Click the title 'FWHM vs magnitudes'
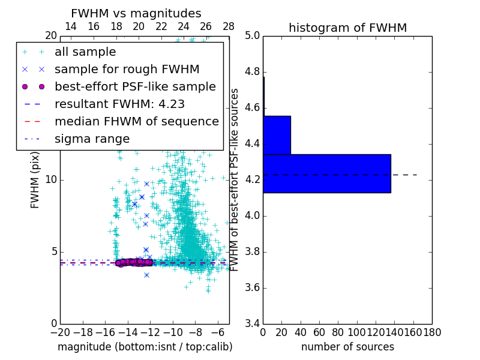click(136, 13)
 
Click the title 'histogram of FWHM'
click(347, 28)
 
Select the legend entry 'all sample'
click(85, 52)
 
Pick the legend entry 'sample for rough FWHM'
click(127, 69)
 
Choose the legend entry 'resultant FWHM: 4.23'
click(119, 104)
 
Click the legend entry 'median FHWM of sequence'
click(136, 121)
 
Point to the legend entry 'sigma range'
click(92, 139)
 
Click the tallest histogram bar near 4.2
click(326, 173)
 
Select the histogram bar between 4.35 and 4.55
click(277, 135)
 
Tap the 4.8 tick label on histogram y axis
click(252, 72)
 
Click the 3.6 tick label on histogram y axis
click(252, 288)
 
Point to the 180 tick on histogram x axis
click(432, 331)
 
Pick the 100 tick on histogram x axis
click(357, 331)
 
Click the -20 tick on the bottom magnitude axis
click(60, 331)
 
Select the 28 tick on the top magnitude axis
click(229, 26)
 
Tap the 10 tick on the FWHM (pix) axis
click(51, 179)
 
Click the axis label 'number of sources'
click(347, 347)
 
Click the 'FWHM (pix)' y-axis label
click(35, 179)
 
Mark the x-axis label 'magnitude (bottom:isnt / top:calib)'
click(145, 347)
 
